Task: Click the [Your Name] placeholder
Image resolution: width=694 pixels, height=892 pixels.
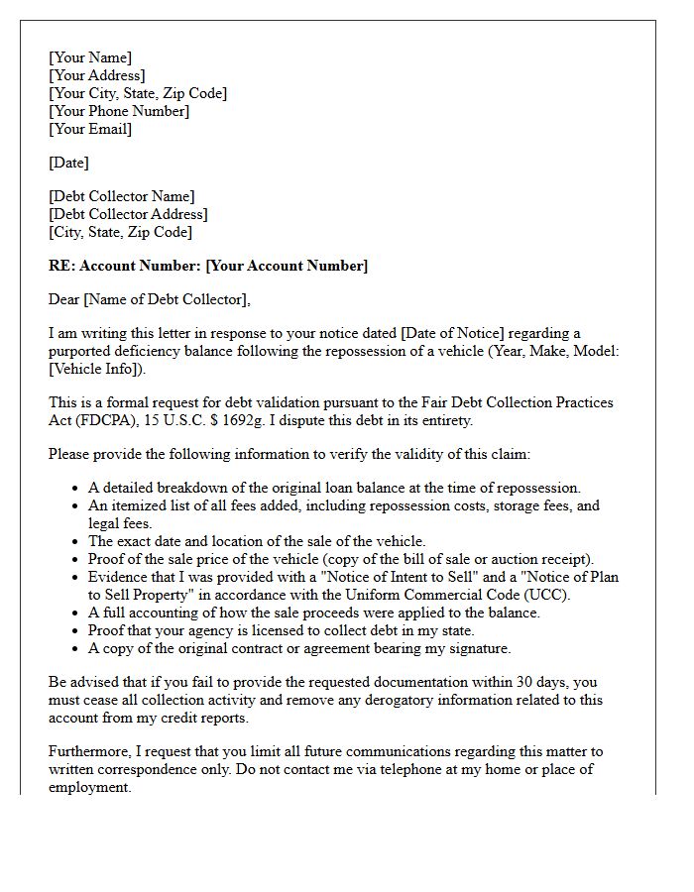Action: pos(90,57)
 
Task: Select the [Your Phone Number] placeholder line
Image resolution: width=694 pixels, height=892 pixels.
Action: pos(119,111)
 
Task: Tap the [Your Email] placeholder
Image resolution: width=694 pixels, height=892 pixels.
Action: pos(90,129)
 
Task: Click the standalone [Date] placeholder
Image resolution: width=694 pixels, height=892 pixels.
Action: pos(69,163)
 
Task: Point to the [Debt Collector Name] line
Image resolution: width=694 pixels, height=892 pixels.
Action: pos(122,196)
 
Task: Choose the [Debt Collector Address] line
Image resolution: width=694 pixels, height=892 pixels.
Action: pos(128,214)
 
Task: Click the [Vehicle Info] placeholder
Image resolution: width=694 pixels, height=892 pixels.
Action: pos(96,369)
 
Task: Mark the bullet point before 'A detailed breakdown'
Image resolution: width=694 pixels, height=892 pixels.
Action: pos(76,489)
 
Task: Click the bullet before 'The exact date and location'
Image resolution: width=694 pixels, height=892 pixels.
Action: pos(76,542)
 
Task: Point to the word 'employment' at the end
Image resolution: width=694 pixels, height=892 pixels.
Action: pos(88,787)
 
